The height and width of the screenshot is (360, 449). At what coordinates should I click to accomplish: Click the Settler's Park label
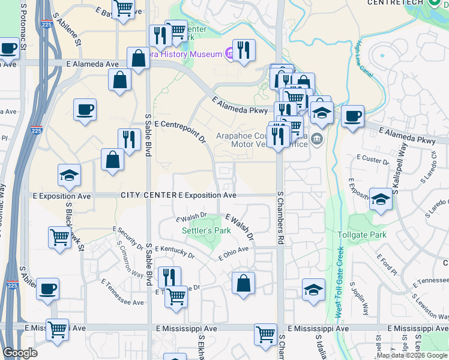(x=206, y=230)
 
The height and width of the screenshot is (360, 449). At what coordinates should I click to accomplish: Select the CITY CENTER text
(x=148, y=196)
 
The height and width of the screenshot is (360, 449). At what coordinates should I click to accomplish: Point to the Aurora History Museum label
(x=186, y=54)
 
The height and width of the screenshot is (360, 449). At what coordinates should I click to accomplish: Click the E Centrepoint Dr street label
(x=180, y=131)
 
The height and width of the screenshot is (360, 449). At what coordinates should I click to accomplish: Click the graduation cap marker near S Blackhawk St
(x=69, y=175)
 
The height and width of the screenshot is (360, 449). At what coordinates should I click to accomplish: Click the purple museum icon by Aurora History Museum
(x=229, y=54)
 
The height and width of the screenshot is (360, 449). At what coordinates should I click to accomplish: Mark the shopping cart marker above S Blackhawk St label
(x=59, y=237)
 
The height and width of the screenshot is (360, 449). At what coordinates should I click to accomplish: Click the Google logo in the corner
(x=20, y=353)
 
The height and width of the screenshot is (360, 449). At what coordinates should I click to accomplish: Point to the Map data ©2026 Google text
(x=411, y=355)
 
